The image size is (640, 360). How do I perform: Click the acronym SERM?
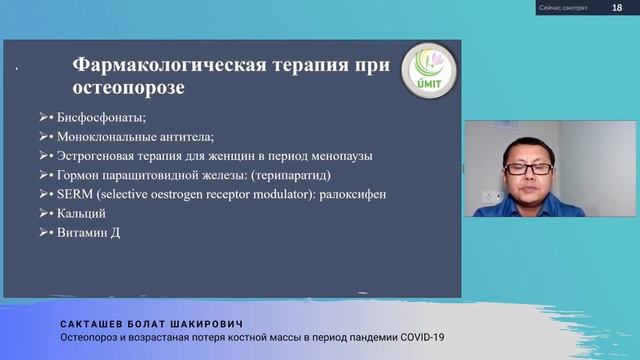coord(71,193)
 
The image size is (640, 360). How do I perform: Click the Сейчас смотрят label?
coord(564,7)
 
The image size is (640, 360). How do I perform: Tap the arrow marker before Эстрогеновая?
coord(43,156)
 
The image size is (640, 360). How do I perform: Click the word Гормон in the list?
coord(75,174)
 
